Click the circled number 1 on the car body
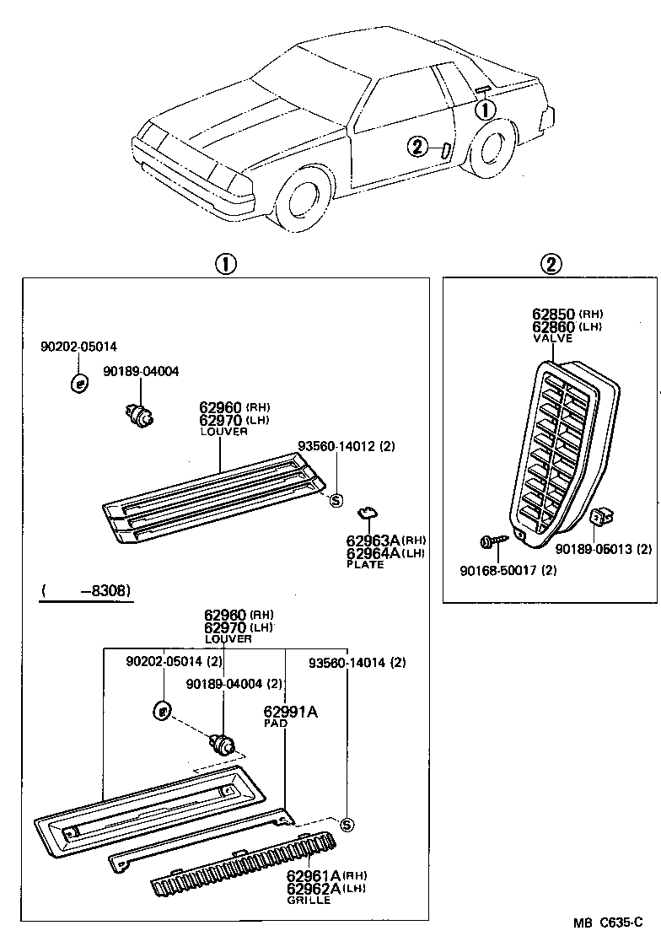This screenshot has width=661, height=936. [x=486, y=110]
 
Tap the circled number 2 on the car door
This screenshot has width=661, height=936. [x=416, y=148]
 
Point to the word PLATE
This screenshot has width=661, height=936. [x=365, y=564]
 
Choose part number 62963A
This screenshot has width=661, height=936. [x=373, y=541]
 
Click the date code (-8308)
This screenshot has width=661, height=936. [x=85, y=591]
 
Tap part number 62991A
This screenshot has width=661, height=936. [x=291, y=712]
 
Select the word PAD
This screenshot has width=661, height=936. [x=276, y=724]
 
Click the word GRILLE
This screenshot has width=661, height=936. [x=309, y=901]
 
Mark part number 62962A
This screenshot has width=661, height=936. [x=313, y=889]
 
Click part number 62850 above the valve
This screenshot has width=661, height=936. [x=553, y=315]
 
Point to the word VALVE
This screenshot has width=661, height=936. [x=552, y=338]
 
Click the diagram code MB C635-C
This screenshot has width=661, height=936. [x=610, y=923]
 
